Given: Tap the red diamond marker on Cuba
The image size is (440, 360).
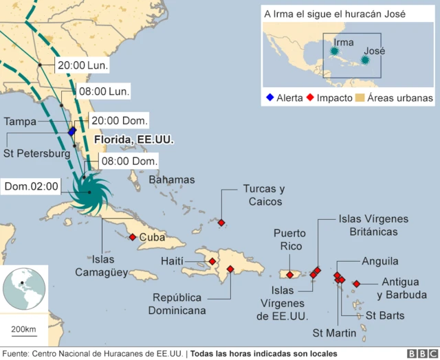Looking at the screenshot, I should pyautogui.click(x=132, y=238).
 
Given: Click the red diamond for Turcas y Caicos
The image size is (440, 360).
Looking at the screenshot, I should pyautogui.click(x=221, y=223).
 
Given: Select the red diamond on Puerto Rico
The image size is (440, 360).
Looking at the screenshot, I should pyautogui.click(x=290, y=275).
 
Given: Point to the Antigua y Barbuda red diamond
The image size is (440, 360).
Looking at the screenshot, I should pyautogui.click(x=356, y=284).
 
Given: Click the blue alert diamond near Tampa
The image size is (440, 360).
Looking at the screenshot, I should pyautogui.click(x=72, y=131).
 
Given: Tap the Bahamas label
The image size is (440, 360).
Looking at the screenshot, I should pyautogui.click(x=172, y=180).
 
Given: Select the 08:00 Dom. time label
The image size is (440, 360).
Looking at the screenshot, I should pyautogui.click(x=128, y=161).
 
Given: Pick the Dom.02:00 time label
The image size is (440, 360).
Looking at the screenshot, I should pyautogui.click(x=32, y=186).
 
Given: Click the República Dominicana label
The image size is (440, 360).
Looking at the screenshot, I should pyautogui.click(x=177, y=304).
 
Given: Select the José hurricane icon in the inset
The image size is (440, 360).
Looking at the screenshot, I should pyautogui.click(x=366, y=60).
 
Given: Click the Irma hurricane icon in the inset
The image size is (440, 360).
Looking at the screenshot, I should pyautogui.click(x=334, y=51).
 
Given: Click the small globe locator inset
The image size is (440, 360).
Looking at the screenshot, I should pyautogui.click(x=25, y=288).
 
